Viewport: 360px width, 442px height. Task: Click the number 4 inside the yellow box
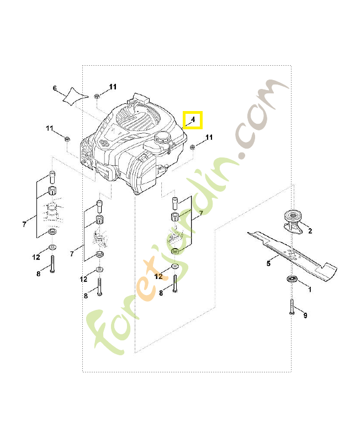[193, 119]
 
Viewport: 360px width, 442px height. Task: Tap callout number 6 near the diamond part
[55, 88]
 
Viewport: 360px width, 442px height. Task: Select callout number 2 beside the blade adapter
[310, 231]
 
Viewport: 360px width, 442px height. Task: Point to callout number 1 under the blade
[309, 289]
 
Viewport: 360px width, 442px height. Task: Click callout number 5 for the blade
[268, 264]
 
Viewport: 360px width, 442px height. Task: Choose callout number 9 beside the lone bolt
[305, 315]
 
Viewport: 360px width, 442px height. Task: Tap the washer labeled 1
[290, 278]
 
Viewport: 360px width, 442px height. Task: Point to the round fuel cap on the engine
[163, 139]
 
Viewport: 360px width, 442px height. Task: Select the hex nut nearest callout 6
[97, 96]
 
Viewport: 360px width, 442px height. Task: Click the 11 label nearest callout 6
[113, 87]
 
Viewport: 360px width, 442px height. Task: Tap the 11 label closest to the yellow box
[209, 137]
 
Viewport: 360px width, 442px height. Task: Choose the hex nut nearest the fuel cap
[193, 147]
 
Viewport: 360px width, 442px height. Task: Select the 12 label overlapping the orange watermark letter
[159, 276]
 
